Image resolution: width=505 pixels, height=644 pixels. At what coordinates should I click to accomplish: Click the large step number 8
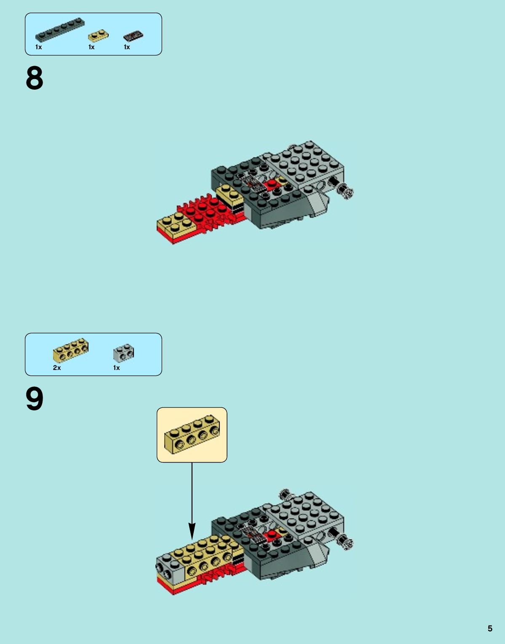coord(35,78)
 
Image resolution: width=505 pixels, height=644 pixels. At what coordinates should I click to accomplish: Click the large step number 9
coord(35,399)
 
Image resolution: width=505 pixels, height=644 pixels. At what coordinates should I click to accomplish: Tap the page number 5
coord(490,628)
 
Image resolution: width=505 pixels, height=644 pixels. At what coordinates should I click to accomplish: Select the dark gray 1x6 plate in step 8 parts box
coord(60,29)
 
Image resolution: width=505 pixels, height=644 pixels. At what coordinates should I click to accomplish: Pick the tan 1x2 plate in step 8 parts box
coord(98,35)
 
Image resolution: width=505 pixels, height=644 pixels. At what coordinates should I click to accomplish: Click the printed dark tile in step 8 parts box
coord(133,35)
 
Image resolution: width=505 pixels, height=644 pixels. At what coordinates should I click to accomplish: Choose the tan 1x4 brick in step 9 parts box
coord(71,351)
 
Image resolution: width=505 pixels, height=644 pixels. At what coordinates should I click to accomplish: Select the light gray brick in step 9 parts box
coord(123,353)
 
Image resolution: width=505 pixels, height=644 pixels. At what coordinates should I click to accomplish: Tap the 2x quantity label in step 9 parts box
coord(57,368)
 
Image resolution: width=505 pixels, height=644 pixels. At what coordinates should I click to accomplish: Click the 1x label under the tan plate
coord(91,47)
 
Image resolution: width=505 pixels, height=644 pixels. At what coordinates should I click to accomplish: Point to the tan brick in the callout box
coord(192,434)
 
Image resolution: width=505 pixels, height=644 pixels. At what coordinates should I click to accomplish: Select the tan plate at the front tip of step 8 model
coord(174,224)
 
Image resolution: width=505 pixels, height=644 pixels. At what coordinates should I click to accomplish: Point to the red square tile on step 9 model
coord(271,535)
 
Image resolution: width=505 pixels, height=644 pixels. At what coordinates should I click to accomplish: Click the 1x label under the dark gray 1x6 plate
coord(39,47)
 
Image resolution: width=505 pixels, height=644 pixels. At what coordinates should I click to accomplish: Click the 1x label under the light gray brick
coord(117,368)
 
